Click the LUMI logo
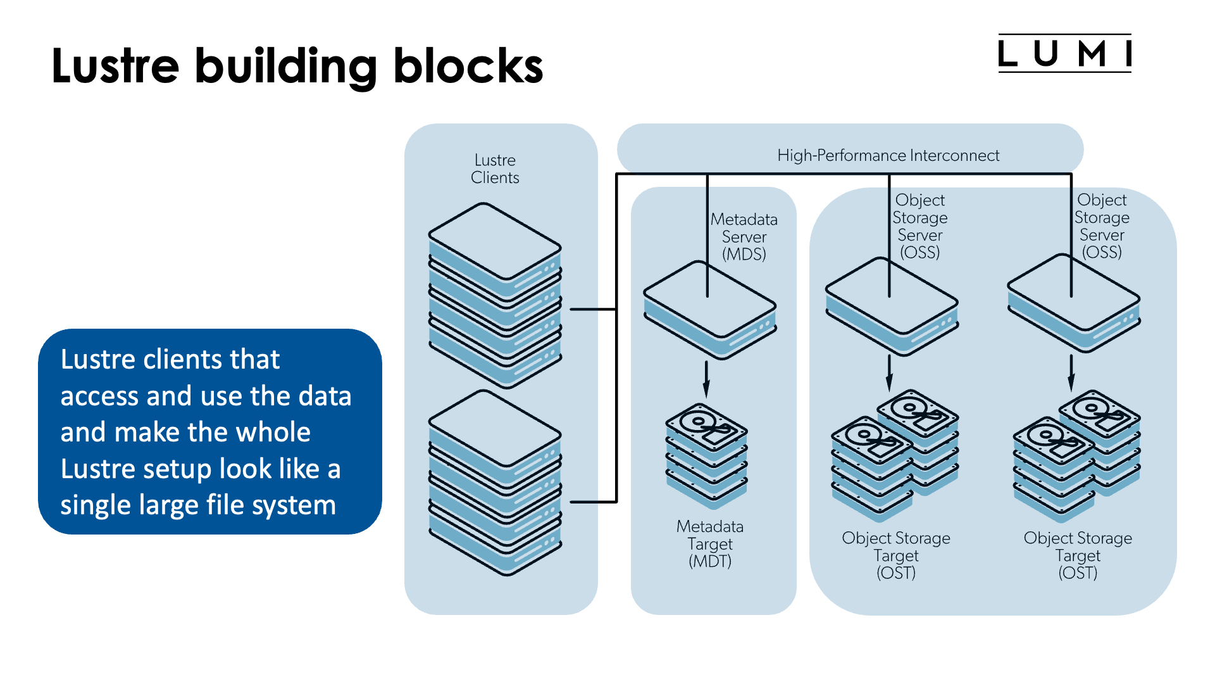tap(1064, 53)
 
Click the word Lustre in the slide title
tap(115, 66)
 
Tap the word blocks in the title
tap(468, 66)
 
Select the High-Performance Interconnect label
tap(888, 155)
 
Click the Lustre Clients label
tap(495, 168)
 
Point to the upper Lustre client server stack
tap(495, 294)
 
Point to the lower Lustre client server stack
tap(495, 483)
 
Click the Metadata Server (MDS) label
tap(744, 237)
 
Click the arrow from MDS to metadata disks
tap(706, 379)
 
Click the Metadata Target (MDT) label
tap(709, 543)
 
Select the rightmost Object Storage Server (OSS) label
tap(1102, 226)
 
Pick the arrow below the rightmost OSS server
tap(1071, 372)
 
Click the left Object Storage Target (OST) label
tap(895, 555)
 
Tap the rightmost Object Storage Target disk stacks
tap(1076, 456)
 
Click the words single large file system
tap(197, 505)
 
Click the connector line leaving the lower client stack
tap(594, 502)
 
